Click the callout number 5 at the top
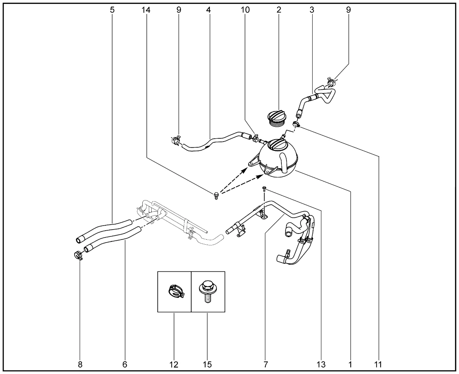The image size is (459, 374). [x=112, y=10]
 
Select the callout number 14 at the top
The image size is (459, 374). [x=146, y=10]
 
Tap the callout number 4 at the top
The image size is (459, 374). [x=208, y=10]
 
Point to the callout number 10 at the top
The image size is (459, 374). [x=245, y=10]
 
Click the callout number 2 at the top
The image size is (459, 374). [x=279, y=10]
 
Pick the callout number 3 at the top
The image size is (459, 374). [x=312, y=10]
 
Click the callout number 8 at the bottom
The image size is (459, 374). [x=80, y=365]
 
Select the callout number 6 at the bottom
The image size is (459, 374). [x=125, y=365]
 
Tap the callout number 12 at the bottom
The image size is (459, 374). [x=174, y=365]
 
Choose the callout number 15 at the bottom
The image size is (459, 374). [x=207, y=365]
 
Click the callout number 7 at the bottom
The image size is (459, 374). [x=266, y=365]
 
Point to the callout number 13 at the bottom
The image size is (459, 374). [x=321, y=365]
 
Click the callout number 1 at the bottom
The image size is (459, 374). [x=350, y=365]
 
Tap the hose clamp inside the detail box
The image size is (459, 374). [x=175, y=291]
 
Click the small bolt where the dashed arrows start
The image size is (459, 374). [x=216, y=195]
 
